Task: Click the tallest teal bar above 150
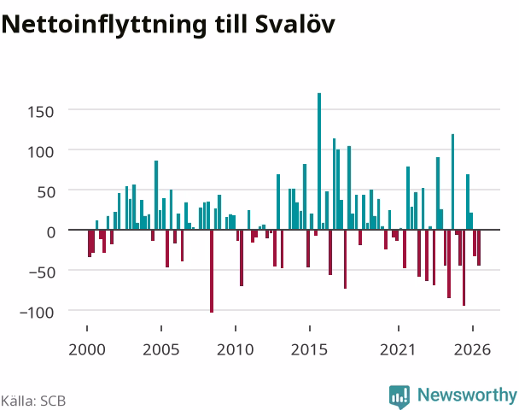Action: click(319, 161)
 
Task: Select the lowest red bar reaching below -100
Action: click(212, 271)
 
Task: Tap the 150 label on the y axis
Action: click(40, 112)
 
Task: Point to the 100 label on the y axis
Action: click(40, 152)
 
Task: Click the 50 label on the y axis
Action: click(45, 192)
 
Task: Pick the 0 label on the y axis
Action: click(50, 232)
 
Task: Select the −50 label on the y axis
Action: click(41, 272)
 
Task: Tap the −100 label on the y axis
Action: click(37, 313)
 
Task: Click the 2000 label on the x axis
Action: click(87, 349)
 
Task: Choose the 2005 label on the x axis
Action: click(160, 349)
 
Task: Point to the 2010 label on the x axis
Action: click(236, 349)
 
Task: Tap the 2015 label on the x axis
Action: click(309, 349)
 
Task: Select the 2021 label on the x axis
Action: click(398, 349)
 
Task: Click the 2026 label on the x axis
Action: click(472, 349)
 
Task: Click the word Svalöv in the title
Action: click(295, 24)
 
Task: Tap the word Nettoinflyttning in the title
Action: click(104, 25)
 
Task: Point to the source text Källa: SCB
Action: click(33, 401)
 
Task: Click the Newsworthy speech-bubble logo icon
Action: click(399, 396)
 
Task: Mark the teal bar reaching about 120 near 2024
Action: click(452, 182)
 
